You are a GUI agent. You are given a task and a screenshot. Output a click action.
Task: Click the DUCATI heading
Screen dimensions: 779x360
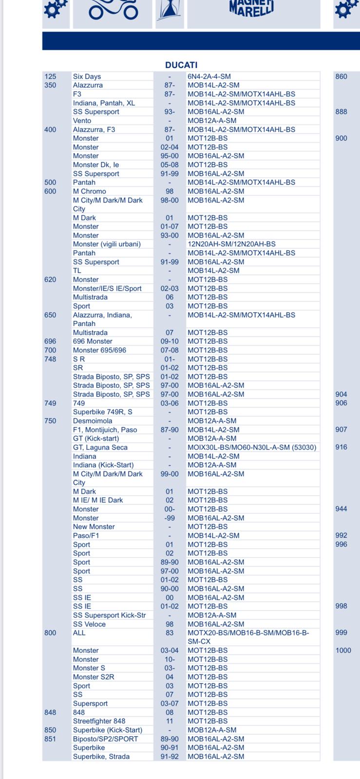coord(181,65)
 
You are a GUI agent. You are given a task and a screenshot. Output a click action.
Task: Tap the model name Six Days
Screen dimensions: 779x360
coord(87,76)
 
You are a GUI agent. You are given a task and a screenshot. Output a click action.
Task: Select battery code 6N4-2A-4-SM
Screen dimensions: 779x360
coord(209,76)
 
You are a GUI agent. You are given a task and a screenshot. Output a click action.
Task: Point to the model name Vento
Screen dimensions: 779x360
coord(82,121)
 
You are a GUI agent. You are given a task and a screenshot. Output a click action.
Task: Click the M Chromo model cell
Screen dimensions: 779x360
coord(89,191)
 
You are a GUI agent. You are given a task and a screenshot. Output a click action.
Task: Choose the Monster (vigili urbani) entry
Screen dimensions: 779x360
coord(107,244)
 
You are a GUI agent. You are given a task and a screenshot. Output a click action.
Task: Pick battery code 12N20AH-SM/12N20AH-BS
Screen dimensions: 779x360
coord(231,244)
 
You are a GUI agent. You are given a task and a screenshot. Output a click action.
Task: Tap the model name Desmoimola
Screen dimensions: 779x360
coord(93,421)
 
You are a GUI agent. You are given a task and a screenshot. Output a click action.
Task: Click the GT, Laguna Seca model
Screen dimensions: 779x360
coord(100,447)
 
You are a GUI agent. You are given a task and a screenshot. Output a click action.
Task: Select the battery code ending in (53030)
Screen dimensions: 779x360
coord(252,447)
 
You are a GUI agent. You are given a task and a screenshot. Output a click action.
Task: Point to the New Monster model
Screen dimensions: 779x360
coord(94,527)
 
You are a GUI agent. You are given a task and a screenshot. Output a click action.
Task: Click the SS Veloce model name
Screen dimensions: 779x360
coord(89,624)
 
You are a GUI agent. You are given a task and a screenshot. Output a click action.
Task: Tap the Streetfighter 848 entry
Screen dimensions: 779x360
coord(99,721)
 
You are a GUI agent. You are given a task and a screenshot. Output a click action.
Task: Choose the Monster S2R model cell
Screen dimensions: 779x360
coord(94,677)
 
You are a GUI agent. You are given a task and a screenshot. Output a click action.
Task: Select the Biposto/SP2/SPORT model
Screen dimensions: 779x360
coord(105,739)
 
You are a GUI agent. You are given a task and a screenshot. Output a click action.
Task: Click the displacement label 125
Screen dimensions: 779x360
coord(50,76)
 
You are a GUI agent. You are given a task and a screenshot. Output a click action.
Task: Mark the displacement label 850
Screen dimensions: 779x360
coord(50,730)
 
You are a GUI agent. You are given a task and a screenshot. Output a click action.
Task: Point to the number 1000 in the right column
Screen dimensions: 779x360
coord(343,650)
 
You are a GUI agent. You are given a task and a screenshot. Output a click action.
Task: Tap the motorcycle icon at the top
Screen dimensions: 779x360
coord(113,10)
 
